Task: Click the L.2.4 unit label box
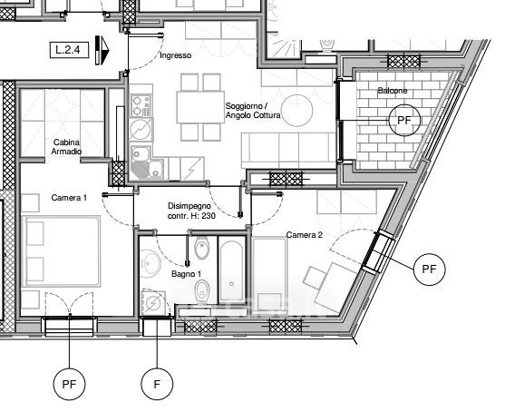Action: point(69,50)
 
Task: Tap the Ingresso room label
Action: point(176,55)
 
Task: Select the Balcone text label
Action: point(393,91)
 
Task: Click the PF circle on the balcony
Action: point(404,121)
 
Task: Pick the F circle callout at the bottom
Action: point(157,384)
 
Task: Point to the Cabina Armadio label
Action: point(66,147)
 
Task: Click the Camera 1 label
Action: point(69,198)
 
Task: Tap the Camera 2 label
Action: point(305,235)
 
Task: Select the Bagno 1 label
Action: point(186,274)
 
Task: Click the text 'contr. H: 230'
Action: point(191,216)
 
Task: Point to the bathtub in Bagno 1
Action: point(232,270)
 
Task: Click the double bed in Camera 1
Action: point(61,251)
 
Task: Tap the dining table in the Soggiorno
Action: point(200,107)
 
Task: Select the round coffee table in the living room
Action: point(296,110)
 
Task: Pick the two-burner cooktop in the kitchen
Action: point(141,105)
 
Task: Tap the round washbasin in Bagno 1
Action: point(151,264)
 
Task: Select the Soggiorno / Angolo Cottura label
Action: point(253,111)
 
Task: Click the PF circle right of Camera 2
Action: point(430,270)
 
